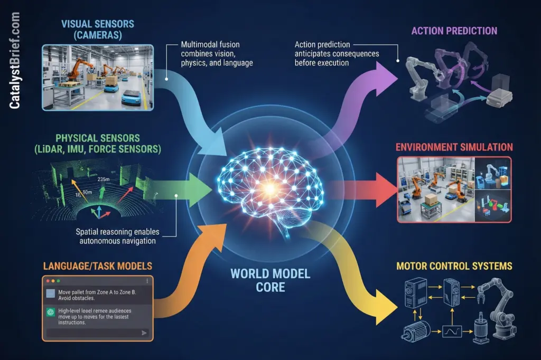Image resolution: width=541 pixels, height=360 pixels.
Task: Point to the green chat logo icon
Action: pos(51,311)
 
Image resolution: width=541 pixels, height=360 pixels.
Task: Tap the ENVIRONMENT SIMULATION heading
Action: pos(454,147)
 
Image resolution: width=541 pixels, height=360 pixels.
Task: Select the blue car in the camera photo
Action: pos(132,97)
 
